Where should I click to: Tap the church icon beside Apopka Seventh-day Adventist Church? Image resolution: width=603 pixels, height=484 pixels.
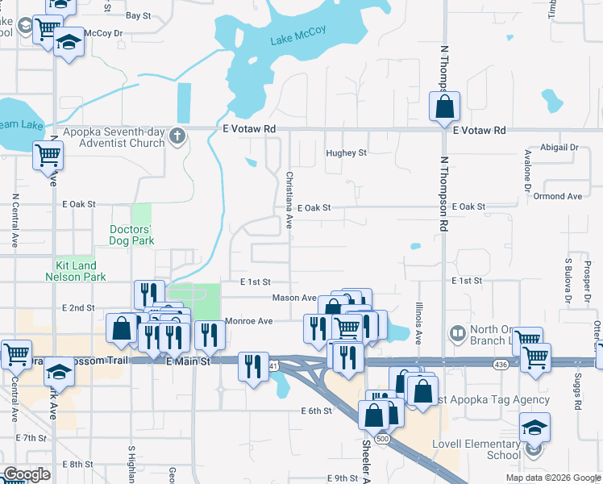pyautogui.click(x=178, y=136)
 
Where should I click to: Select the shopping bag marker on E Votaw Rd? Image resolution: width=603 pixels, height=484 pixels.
pyautogui.click(x=444, y=106)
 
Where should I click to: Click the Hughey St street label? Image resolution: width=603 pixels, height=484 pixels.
pyautogui.click(x=346, y=152)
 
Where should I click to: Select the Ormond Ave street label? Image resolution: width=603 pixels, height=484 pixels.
pyautogui.click(x=557, y=196)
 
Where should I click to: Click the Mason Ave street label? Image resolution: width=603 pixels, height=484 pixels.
pyautogui.click(x=293, y=298)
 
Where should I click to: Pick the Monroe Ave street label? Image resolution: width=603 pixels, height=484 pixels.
pyautogui.click(x=248, y=321)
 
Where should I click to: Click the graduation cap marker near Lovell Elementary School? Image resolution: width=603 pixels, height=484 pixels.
pyautogui.click(x=534, y=428)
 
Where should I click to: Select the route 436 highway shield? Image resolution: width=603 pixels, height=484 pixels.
pyautogui.click(x=501, y=365)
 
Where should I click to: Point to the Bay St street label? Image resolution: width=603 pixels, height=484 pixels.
pyautogui.click(x=138, y=15)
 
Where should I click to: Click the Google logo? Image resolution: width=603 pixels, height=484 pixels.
pyautogui.click(x=26, y=474)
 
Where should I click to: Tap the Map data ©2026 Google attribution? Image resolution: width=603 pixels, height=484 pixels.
pyautogui.click(x=552, y=478)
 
